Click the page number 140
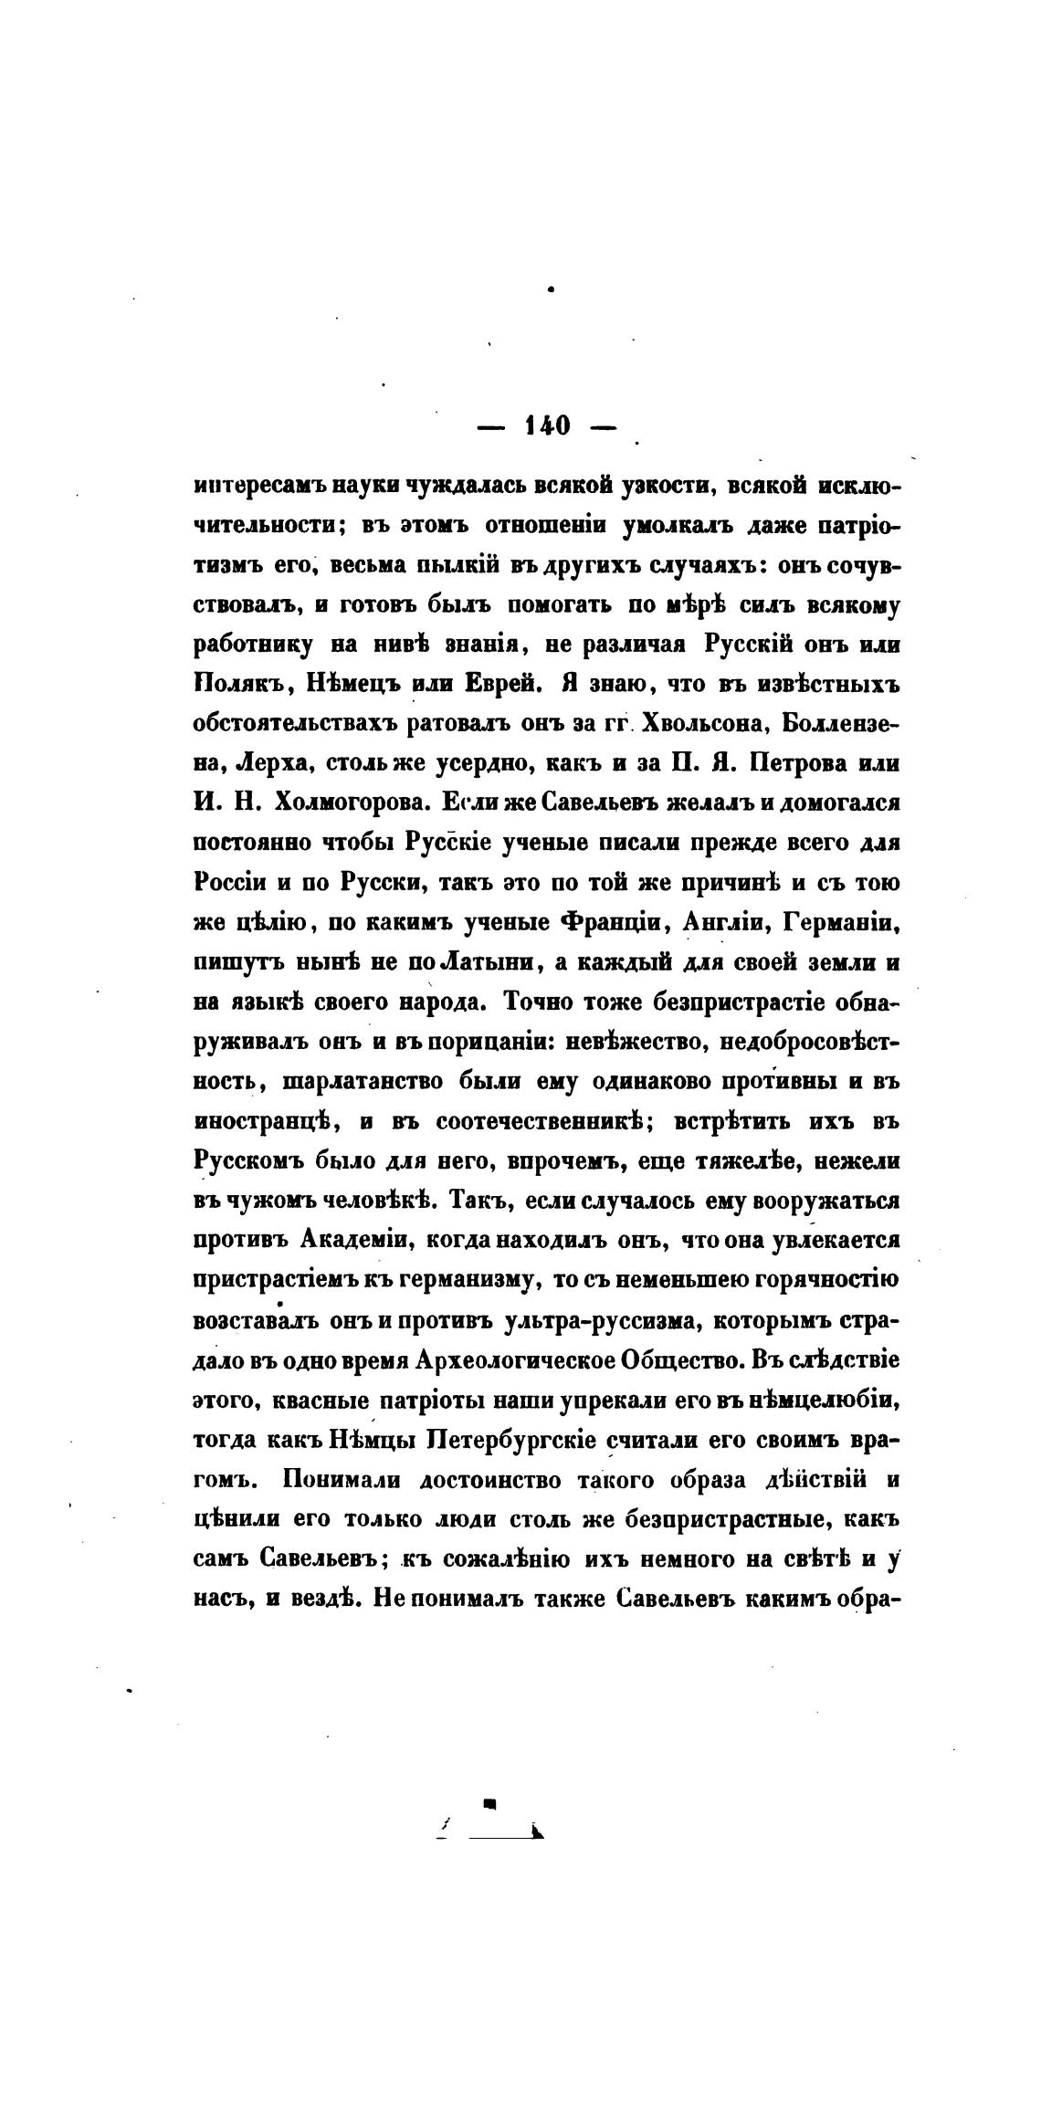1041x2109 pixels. click(x=548, y=426)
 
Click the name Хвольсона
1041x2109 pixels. click(x=699, y=723)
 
